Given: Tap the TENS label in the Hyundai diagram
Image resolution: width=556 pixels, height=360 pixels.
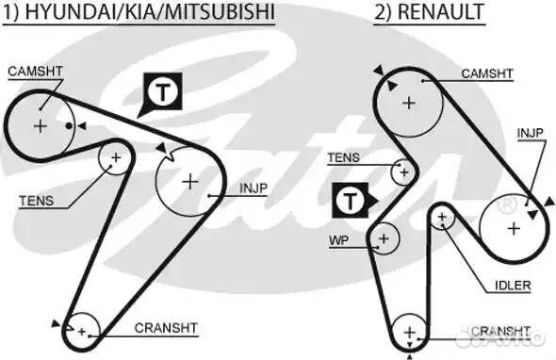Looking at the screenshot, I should pos(36,200).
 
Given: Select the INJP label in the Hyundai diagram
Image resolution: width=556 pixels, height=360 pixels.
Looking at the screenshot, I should pos(253,188).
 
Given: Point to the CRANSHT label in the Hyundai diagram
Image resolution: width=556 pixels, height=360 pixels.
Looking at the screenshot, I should pos(166,328).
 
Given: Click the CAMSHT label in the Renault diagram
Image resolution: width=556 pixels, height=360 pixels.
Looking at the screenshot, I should pos(486,73).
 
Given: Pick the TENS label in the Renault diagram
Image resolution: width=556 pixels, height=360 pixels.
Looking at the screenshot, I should pos(343,157).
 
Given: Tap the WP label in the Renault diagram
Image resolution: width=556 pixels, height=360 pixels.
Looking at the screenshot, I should pos(338,240).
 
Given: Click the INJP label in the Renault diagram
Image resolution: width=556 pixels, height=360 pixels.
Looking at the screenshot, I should pos(530,133).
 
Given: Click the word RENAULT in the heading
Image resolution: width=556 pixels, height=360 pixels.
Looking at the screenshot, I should pos(444,13).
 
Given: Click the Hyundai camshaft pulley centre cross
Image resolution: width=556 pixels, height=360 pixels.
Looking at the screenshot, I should pos(41,124).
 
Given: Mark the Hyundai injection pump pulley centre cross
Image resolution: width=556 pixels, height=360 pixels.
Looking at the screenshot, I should pos(189,180).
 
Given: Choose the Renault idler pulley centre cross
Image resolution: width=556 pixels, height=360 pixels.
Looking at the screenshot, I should pos(442,218).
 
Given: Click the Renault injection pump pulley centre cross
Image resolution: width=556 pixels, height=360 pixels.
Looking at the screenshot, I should pos(513,227).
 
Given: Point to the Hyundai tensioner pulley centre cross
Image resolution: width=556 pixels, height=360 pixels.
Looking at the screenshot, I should pos(116,157).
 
